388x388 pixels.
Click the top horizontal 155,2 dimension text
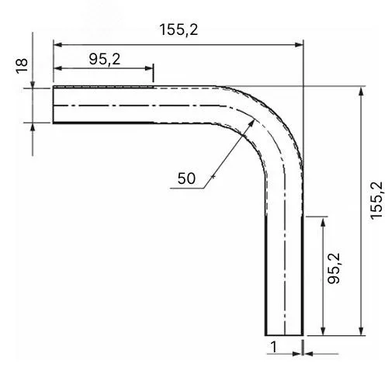178,29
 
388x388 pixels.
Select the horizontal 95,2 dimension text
105,59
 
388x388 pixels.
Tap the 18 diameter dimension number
22,66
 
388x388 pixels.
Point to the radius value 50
186,178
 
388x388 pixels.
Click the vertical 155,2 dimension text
376,201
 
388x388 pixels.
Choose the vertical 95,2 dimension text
334,268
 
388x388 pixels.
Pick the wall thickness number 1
273,347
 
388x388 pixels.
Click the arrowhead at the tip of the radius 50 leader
251,123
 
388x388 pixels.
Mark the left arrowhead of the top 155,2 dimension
57,45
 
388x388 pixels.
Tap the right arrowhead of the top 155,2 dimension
299,45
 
